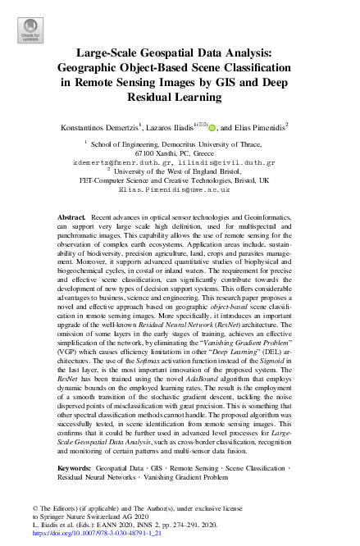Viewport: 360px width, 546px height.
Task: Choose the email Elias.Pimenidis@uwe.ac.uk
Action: point(180,189)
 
